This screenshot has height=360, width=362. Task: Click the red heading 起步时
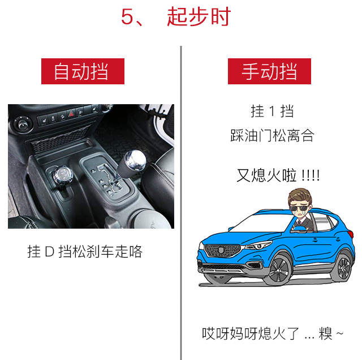[199, 16]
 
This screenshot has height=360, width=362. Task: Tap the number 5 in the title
[127, 16]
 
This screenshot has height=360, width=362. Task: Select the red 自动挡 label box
[83, 71]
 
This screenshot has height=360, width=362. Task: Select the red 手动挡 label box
[269, 71]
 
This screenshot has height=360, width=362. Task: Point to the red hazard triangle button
[71, 113]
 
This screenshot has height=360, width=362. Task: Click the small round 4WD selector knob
[62, 175]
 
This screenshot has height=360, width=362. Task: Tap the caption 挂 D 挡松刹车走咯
[85, 251]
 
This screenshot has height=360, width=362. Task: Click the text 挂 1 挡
[272, 111]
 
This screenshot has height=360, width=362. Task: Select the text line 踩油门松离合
[272, 135]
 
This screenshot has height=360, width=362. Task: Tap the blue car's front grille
[222, 250]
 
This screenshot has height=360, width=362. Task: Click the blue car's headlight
[258, 246]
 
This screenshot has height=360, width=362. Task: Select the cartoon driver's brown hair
[300, 196]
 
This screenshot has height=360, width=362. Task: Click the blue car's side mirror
[300, 229]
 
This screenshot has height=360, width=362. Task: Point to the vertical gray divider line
[181, 203]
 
